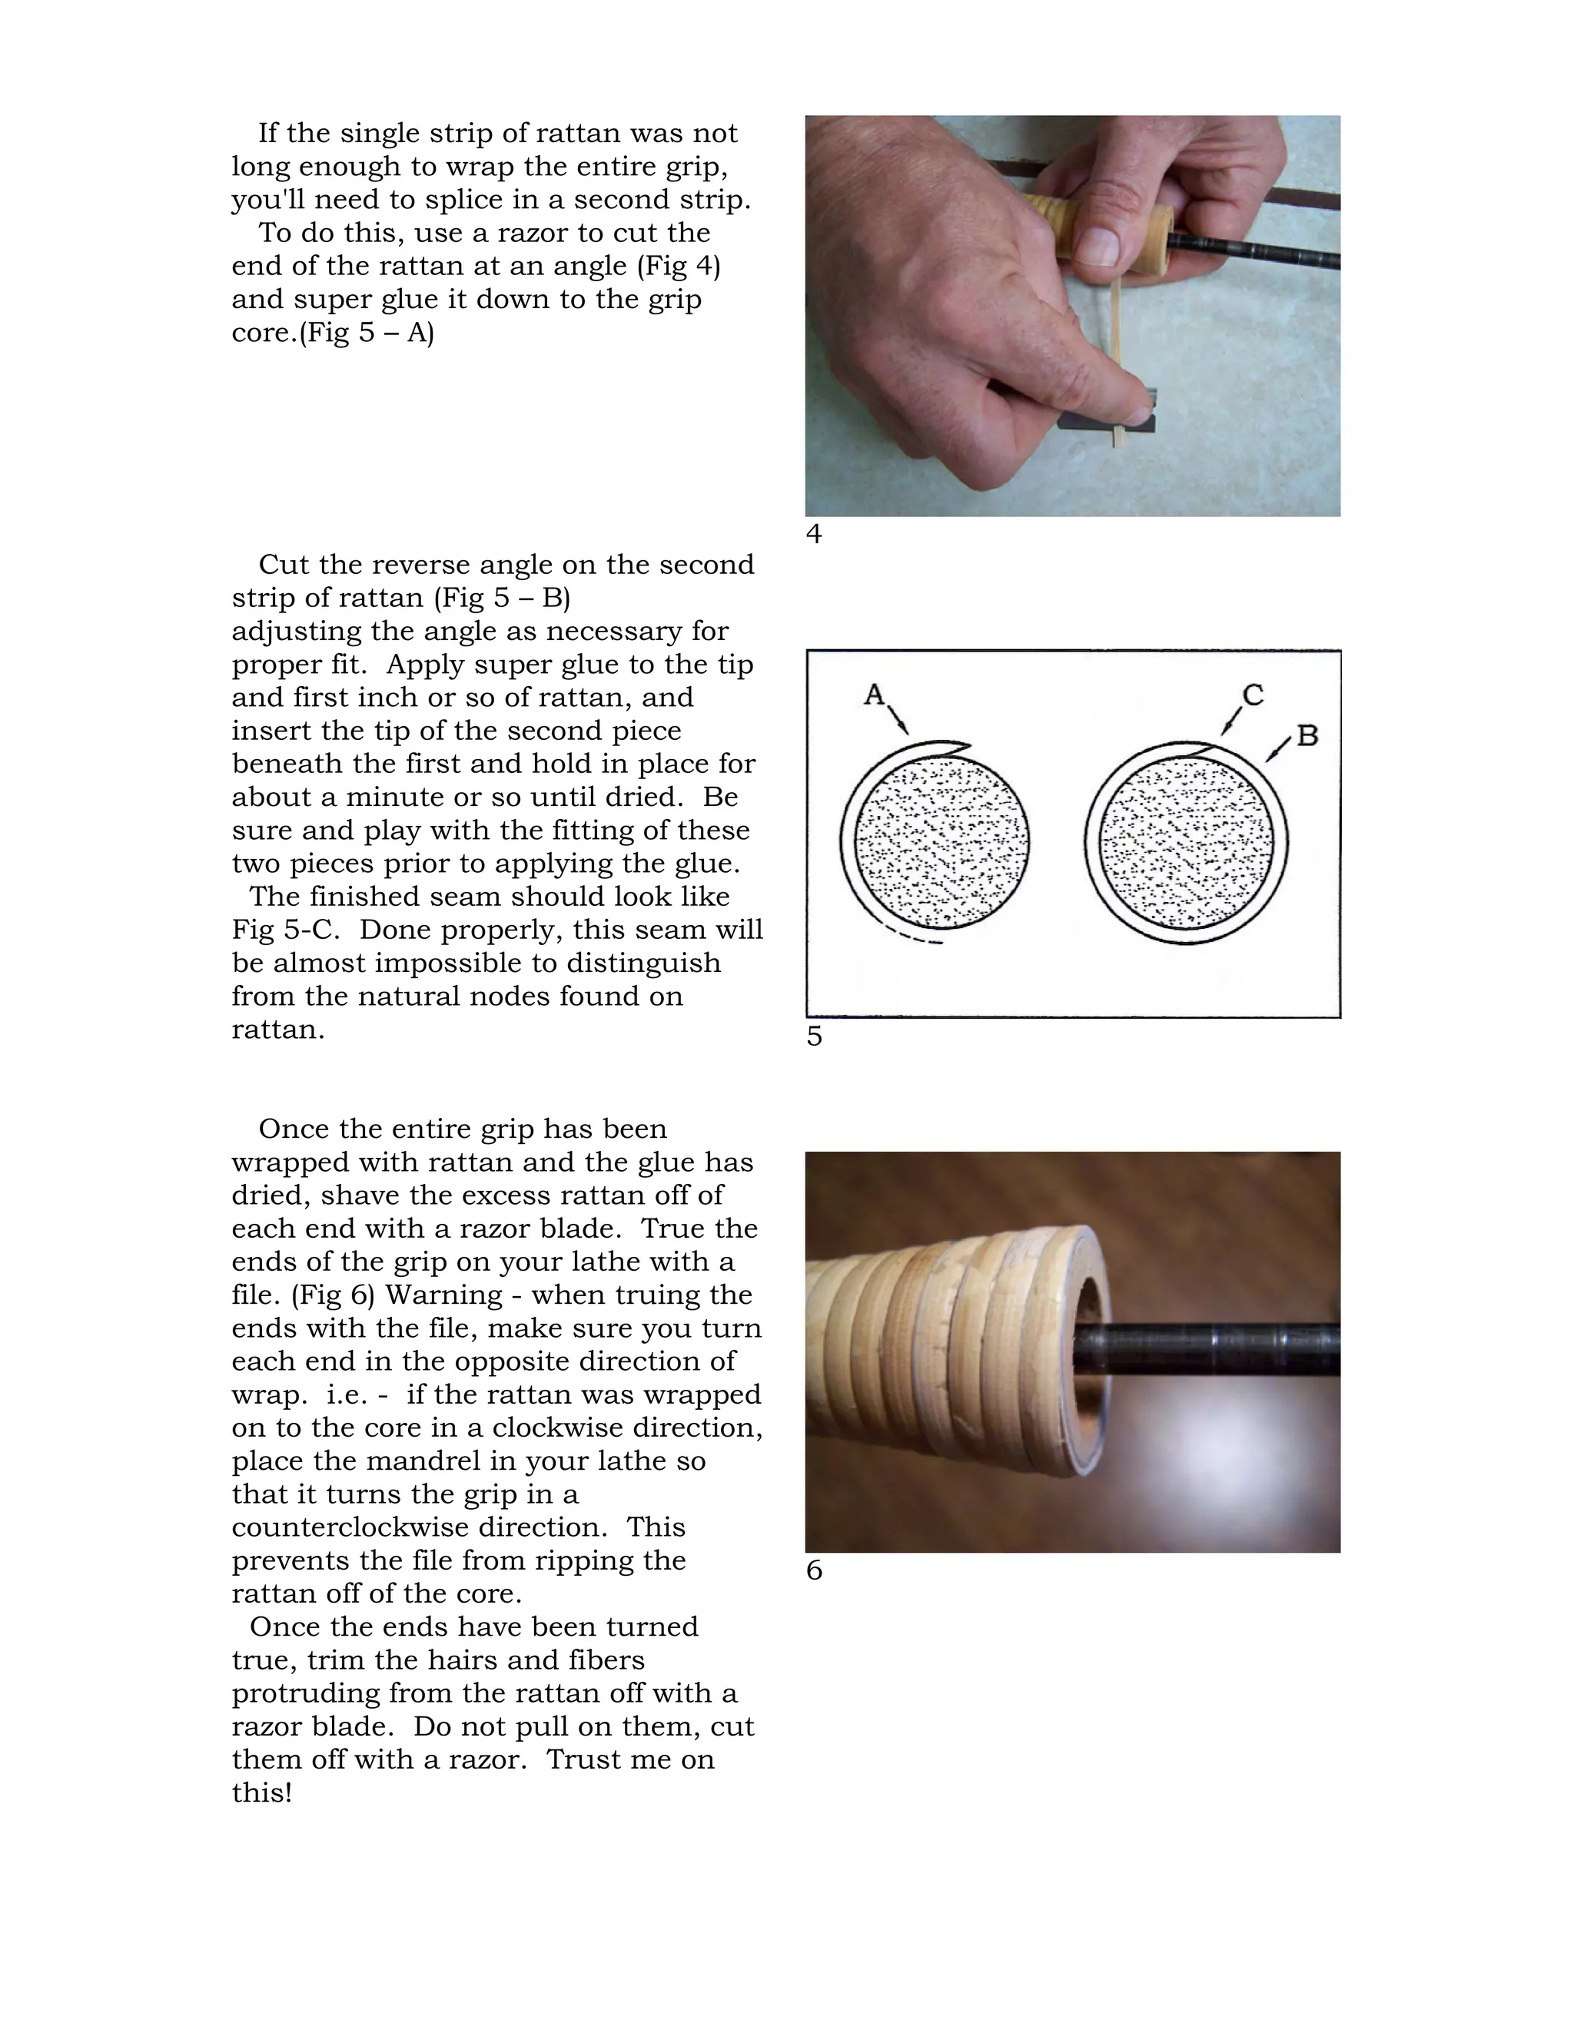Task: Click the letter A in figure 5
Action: tap(874, 695)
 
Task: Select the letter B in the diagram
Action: tap(1307, 735)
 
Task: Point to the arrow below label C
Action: tap(1231, 721)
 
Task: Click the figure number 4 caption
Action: tap(814, 534)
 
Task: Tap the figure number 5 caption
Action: tap(814, 1036)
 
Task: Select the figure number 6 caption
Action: tap(814, 1571)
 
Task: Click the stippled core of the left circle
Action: tap(941, 843)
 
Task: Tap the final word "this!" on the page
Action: tap(262, 1792)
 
